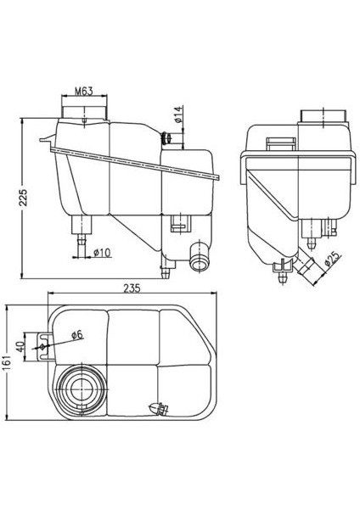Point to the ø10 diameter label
click(100, 252)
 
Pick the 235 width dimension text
click(131, 289)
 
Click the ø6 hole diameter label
click(74, 334)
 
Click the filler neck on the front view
click(85, 110)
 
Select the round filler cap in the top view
click(82, 389)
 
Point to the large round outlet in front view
click(200, 258)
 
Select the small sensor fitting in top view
click(157, 409)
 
